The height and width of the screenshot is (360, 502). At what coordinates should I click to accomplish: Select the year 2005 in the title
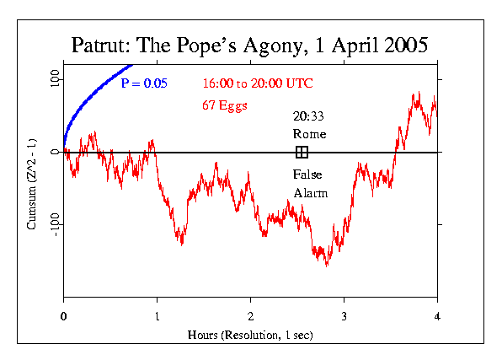point(402,46)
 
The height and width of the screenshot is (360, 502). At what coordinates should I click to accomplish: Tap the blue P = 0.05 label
point(144,83)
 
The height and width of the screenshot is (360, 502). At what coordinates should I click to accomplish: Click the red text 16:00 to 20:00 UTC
point(251,83)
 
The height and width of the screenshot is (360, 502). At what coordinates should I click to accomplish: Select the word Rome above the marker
point(309,134)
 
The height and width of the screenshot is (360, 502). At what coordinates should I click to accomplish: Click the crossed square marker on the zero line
point(302,152)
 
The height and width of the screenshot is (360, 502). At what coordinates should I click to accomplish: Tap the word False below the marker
point(307,175)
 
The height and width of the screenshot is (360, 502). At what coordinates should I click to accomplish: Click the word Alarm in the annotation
point(310,193)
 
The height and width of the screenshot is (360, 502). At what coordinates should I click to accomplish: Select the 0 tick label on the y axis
point(55,153)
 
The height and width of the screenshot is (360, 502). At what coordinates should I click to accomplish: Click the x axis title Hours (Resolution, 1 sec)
point(250,334)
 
